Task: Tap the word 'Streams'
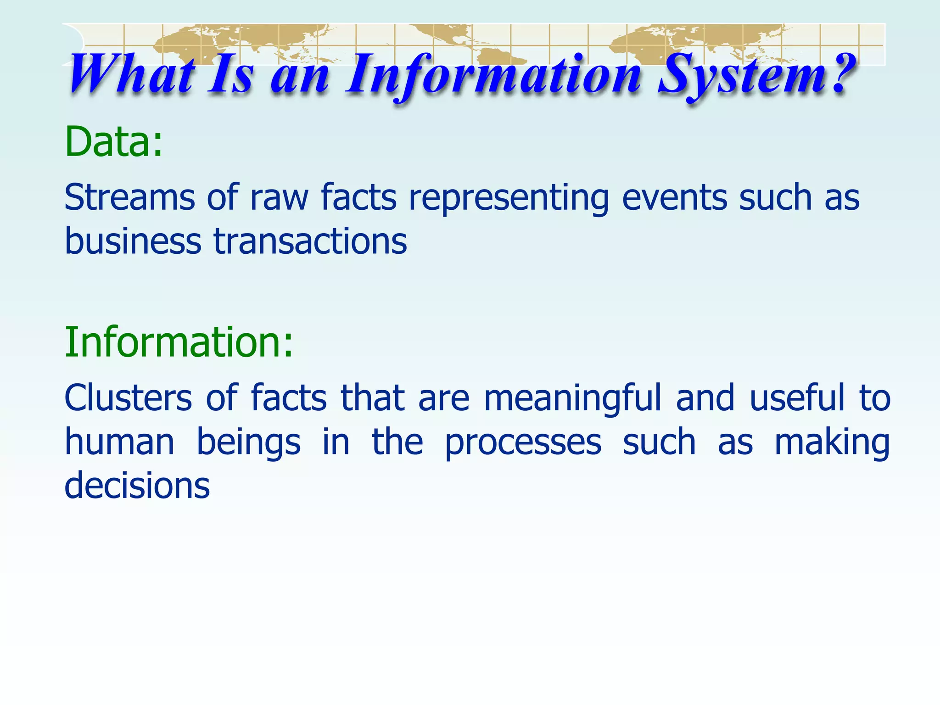(129, 197)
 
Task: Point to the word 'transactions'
(310, 241)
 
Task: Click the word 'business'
(133, 241)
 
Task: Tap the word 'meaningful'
(573, 398)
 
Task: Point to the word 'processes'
(523, 443)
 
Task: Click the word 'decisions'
(137, 486)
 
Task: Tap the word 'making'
(832, 442)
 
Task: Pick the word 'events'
(675, 197)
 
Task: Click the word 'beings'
(248, 442)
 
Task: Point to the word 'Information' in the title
(493, 76)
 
